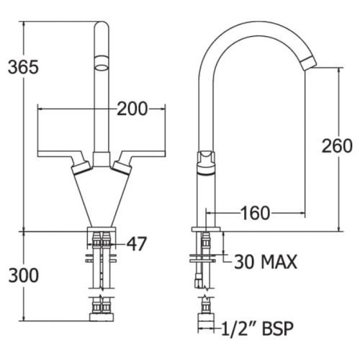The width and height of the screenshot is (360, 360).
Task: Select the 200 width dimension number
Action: (132, 109)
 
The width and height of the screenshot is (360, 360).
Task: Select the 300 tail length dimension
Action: (23, 275)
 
